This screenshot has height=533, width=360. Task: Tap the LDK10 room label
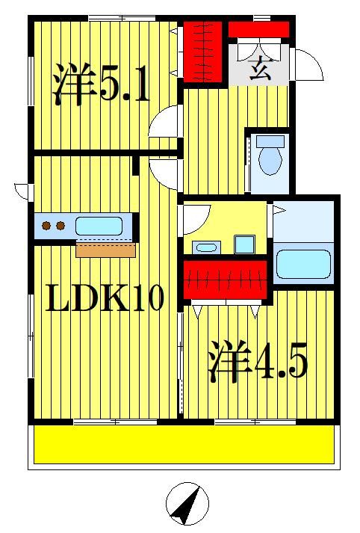pos(105,298)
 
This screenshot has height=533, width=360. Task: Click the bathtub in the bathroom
pos(302,264)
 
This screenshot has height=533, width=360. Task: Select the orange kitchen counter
pos(105,249)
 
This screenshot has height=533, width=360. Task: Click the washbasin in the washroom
pos(205,247)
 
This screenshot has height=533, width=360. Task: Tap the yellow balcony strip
pos(183,445)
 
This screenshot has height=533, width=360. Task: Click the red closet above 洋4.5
pos(225,279)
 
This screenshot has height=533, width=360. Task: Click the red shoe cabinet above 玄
pos(258,29)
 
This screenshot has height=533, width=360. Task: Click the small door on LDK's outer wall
pos(22,191)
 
